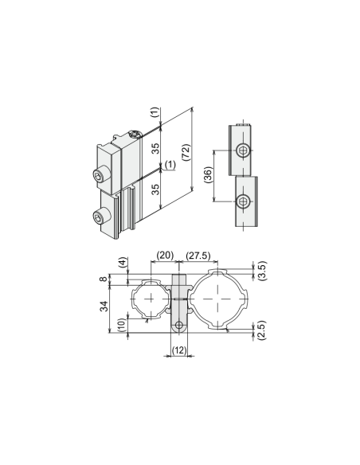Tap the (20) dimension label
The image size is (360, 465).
tap(165, 256)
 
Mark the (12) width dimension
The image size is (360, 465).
tap(179, 350)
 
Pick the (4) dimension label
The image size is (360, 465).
tap(122, 263)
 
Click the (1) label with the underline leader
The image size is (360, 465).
tap(170, 166)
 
